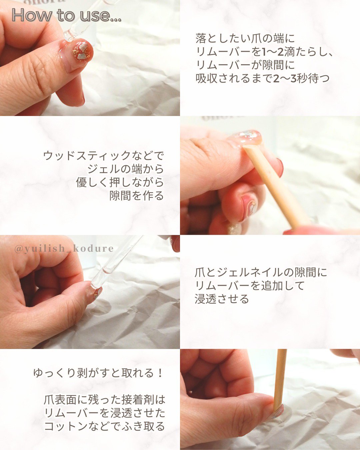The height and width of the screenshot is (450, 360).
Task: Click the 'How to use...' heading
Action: click(x=67, y=15)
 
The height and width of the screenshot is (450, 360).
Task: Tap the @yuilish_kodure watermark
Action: click(x=64, y=248)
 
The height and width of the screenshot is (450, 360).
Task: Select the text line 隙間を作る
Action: click(x=137, y=196)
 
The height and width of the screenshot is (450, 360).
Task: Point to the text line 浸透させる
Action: click(x=222, y=299)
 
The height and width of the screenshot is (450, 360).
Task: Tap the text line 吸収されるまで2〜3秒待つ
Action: click(x=262, y=79)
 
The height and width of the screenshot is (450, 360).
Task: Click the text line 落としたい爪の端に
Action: click(x=245, y=38)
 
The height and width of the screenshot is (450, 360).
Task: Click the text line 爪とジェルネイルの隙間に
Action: click(x=261, y=273)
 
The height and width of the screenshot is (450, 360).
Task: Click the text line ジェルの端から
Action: click(x=126, y=169)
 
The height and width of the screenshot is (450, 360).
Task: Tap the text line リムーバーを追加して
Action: click(x=249, y=286)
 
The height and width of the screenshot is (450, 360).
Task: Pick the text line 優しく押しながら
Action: click(x=120, y=182)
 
